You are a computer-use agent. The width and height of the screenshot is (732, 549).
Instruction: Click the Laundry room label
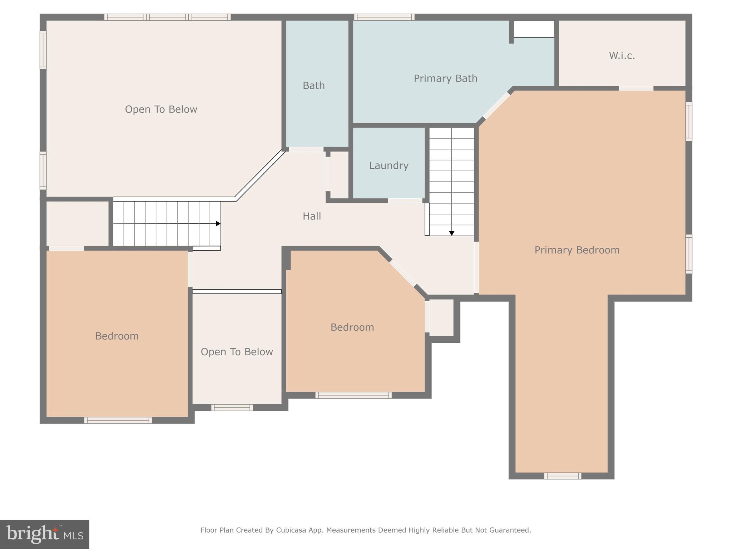click(389, 165)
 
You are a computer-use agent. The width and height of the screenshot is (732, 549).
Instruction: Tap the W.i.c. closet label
click(622, 56)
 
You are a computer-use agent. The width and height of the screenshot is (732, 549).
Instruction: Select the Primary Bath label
click(445, 79)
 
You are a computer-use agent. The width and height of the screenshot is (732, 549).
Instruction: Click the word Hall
click(312, 216)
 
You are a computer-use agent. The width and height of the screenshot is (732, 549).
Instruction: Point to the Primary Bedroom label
click(577, 250)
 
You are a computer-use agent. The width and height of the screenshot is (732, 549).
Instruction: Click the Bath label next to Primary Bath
click(313, 86)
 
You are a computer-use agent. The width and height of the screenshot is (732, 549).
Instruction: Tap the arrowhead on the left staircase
click(218, 223)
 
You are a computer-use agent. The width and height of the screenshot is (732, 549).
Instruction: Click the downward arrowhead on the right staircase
click(452, 233)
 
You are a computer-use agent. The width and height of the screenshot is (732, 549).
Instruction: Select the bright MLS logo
click(45, 534)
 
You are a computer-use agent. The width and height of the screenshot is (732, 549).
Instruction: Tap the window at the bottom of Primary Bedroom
click(563, 476)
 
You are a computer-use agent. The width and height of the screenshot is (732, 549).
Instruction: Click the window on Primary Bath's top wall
click(384, 17)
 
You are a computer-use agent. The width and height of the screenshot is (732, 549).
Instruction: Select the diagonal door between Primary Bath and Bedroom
click(496, 106)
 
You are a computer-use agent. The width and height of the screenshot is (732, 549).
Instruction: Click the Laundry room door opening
click(405, 201)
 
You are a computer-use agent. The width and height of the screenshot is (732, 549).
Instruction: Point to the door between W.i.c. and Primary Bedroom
click(636, 88)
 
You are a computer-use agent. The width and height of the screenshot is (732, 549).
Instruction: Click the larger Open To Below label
click(161, 109)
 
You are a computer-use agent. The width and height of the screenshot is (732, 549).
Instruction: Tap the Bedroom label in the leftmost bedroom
click(117, 336)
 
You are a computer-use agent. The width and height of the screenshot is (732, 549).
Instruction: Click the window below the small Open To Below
click(232, 407)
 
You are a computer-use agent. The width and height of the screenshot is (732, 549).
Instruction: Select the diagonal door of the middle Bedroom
click(403, 273)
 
